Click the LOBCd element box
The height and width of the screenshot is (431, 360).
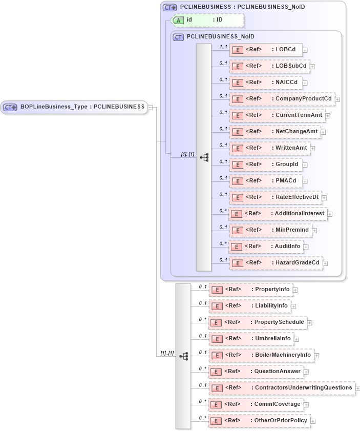coord(266,50)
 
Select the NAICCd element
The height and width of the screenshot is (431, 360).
coord(268,83)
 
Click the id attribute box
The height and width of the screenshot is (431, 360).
coord(207,20)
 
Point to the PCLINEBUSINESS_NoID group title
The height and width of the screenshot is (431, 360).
coord(220,37)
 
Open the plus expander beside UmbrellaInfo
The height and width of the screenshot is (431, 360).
coord(297,339)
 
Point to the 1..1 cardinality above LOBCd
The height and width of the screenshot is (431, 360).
coord(223,47)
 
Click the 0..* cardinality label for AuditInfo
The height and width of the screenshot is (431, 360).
coord(223,243)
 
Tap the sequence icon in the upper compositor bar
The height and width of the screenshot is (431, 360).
coord(204,157)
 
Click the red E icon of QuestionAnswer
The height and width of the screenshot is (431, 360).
coord(217,372)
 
